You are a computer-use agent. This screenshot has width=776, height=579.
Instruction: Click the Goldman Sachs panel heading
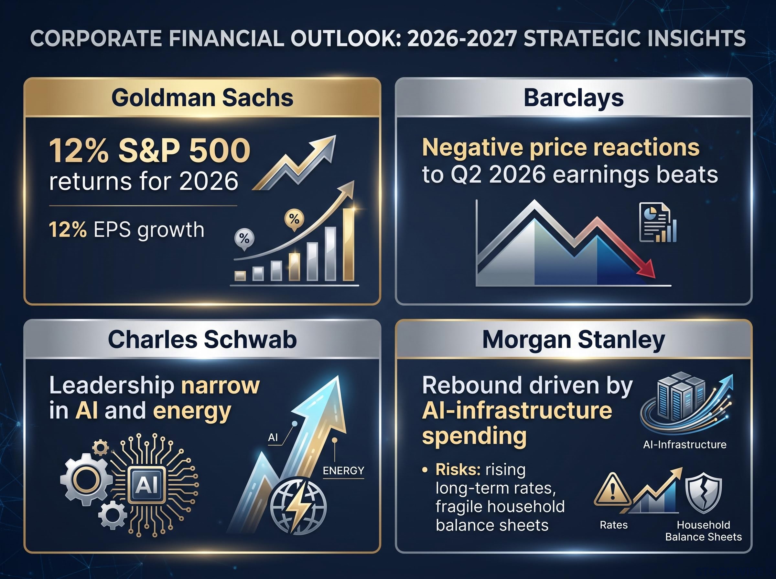(x=202, y=98)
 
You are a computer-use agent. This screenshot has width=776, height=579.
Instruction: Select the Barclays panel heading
(x=574, y=98)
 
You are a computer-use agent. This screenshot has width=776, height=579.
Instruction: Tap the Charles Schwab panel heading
(x=202, y=339)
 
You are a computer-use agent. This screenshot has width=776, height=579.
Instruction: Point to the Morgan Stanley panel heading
(x=574, y=340)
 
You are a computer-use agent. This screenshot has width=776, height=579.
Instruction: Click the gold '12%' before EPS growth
(x=68, y=230)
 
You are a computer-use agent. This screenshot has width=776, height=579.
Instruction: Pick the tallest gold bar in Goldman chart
(x=349, y=244)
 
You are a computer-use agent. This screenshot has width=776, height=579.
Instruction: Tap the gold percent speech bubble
(x=294, y=220)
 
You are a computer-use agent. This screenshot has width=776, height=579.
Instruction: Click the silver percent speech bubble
(x=244, y=239)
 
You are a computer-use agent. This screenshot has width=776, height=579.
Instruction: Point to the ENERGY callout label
(x=343, y=471)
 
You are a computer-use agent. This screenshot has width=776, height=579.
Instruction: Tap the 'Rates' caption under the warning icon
(x=614, y=525)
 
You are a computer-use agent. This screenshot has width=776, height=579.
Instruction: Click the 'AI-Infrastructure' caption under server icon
(x=684, y=444)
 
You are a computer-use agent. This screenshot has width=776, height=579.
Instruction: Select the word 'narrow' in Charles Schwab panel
(x=220, y=385)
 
